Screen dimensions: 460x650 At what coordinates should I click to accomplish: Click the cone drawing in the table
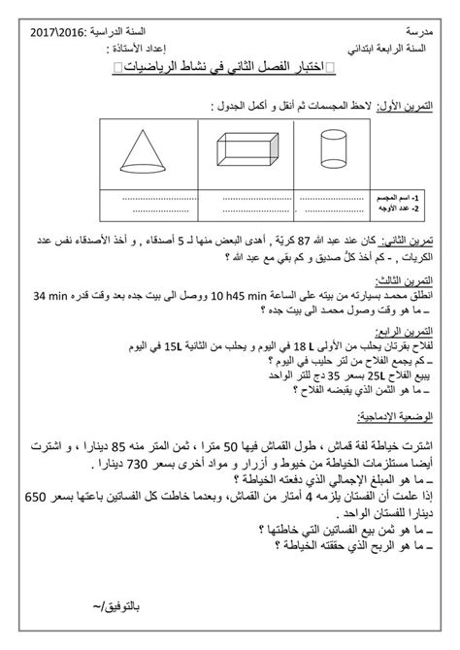click(x=148, y=155)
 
